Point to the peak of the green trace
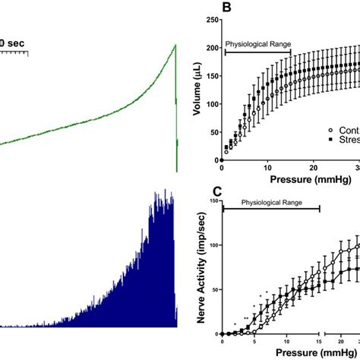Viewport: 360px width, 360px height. point(175,45)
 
